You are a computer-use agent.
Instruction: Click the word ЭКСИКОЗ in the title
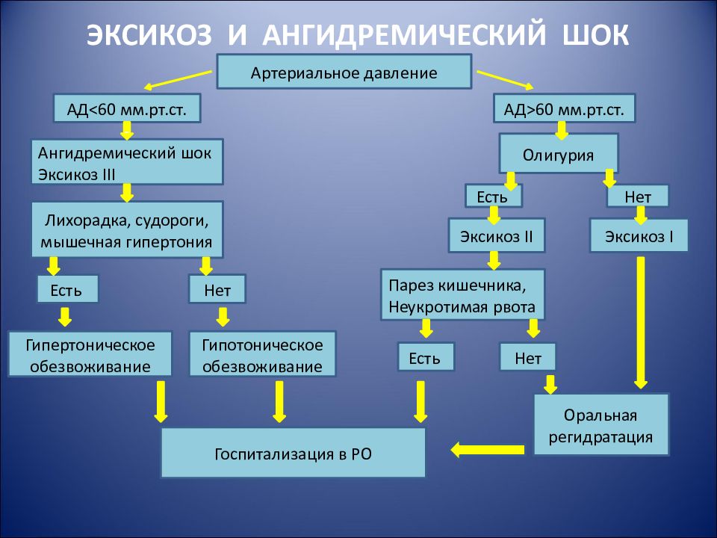click(x=149, y=34)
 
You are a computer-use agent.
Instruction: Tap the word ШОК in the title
click(x=596, y=34)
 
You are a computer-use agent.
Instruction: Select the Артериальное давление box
click(x=344, y=72)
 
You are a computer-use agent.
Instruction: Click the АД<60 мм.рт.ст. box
click(x=127, y=108)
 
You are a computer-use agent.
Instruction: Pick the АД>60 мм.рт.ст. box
click(x=564, y=108)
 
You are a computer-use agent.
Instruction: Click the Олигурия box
click(x=559, y=153)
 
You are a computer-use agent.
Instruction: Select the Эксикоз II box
click(x=497, y=235)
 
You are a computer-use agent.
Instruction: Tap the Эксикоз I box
click(x=639, y=235)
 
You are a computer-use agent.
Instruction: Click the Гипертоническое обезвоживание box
click(x=90, y=354)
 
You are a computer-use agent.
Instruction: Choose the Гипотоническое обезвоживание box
click(x=262, y=354)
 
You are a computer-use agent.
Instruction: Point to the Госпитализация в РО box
click(x=293, y=453)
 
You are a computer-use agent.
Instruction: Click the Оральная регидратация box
click(x=600, y=424)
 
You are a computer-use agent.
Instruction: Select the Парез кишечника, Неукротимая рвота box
click(x=463, y=294)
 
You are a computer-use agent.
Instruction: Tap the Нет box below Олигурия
click(x=637, y=197)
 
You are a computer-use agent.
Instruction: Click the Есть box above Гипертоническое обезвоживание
click(x=68, y=289)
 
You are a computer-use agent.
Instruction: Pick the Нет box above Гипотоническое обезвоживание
click(x=217, y=289)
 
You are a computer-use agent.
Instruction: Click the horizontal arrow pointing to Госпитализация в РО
click(x=488, y=450)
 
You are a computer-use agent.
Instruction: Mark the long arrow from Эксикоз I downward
click(x=641, y=323)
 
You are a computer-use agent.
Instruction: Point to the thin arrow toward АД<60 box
click(x=178, y=80)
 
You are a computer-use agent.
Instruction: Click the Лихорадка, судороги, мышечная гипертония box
click(x=127, y=229)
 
